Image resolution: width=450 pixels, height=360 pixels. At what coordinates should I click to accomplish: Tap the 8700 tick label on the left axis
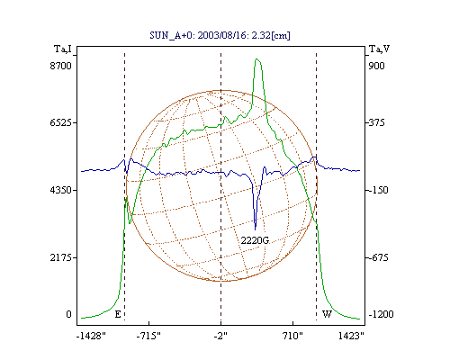pyautogui.click(x=61, y=66)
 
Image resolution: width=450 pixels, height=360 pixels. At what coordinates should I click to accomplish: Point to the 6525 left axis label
pyautogui.click(x=61, y=122)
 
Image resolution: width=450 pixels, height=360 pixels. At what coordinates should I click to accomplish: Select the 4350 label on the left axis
pyautogui.click(x=61, y=190)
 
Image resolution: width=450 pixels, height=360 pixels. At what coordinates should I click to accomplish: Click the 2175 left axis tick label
pyautogui.click(x=61, y=257)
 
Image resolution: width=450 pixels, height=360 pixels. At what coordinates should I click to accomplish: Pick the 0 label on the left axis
pyautogui.click(x=69, y=314)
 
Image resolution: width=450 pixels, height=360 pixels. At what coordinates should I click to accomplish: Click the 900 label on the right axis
pyautogui.click(x=376, y=66)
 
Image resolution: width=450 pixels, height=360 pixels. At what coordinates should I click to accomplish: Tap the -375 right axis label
pyautogui.click(x=376, y=122)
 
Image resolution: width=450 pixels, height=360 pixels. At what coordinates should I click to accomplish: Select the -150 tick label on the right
pyautogui.click(x=378, y=190)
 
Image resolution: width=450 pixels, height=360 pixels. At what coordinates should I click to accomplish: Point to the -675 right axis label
pyautogui.click(x=378, y=257)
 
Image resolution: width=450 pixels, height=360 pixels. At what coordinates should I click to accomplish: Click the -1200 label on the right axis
pyautogui.click(x=381, y=314)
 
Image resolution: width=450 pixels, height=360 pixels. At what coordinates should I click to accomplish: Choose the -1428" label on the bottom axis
pyautogui.click(x=91, y=336)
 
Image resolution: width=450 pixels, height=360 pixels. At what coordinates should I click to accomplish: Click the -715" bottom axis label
pyautogui.click(x=148, y=336)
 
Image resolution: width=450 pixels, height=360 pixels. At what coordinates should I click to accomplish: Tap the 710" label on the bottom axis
pyautogui.click(x=292, y=336)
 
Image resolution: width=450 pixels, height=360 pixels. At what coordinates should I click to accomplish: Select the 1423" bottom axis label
pyautogui.click(x=351, y=336)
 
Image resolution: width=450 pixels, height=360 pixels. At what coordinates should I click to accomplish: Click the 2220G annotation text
pyautogui.click(x=255, y=240)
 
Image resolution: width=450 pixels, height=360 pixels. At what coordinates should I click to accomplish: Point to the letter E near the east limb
pyautogui.click(x=118, y=314)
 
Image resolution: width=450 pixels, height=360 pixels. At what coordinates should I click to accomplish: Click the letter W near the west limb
pyautogui.click(x=327, y=314)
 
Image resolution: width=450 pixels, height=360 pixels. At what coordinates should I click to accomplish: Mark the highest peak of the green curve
pyautogui.click(x=256, y=59)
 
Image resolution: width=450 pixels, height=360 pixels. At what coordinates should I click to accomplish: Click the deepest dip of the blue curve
pyautogui.click(x=256, y=229)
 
